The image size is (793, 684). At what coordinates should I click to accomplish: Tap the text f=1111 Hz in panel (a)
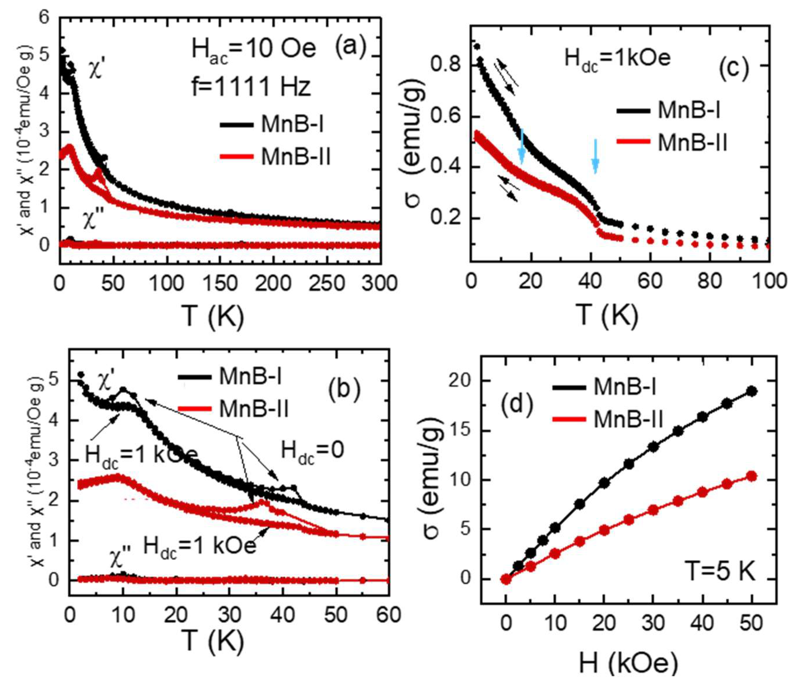251,87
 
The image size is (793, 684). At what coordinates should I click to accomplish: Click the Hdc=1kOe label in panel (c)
618,59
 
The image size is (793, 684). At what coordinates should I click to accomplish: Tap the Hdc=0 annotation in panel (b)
312,450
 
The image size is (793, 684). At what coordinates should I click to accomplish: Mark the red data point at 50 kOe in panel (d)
752,477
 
